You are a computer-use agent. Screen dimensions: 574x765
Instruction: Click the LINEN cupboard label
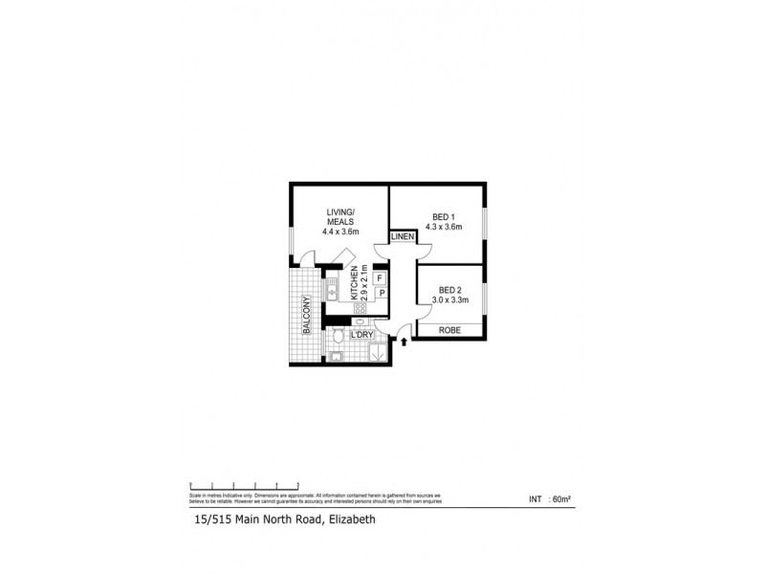coord(403,236)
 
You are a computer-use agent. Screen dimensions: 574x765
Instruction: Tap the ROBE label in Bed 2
coord(448,330)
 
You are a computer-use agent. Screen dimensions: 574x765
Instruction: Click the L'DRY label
coord(361,335)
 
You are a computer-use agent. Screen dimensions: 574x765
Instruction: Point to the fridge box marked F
coord(380,278)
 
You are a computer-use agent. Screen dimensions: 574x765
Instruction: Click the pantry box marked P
coord(380,293)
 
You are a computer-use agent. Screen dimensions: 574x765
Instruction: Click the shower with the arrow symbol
coord(377,352)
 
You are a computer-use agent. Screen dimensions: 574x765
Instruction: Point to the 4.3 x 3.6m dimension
coord(443,228)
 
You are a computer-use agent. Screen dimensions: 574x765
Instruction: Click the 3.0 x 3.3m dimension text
coord(450,300)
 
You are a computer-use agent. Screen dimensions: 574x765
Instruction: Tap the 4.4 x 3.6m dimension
coord(339,231)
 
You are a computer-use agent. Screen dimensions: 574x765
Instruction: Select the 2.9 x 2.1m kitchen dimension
coord(364,284)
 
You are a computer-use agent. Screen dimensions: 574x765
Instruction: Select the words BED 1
coord(443,216)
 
